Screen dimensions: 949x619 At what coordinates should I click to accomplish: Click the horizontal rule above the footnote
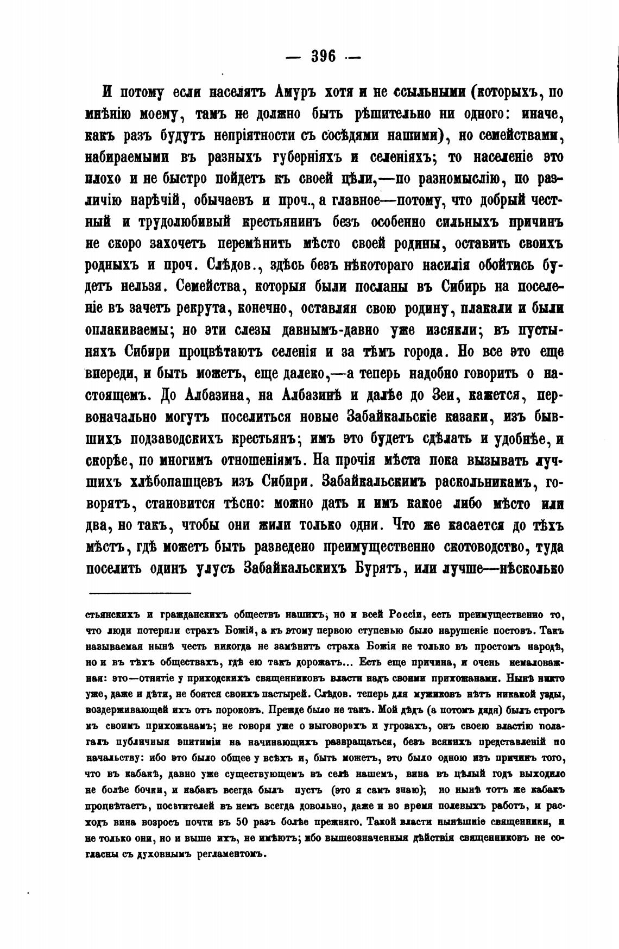(140, 592)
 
